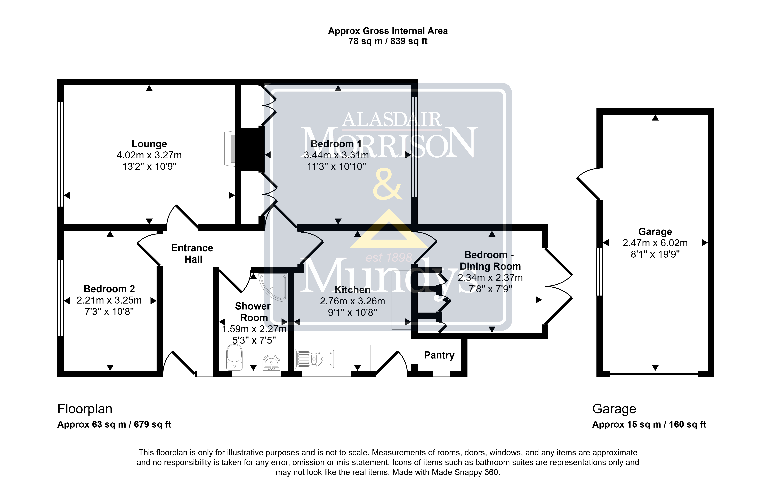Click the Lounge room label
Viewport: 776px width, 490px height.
click(x=149, y=144)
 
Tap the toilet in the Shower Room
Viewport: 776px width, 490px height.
click(x=234, y=357)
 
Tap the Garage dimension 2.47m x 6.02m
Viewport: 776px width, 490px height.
click(x=655, y=243)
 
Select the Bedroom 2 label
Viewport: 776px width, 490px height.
click(x=109, y=289)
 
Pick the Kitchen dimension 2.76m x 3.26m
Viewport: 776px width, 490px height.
click(x=352, y=301)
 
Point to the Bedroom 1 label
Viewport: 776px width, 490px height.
click(x=336, y=144)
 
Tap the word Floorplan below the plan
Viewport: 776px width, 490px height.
click(x=85, y=409)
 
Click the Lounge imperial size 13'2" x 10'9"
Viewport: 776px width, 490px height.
click(x=149, y=166)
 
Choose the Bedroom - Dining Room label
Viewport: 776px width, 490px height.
click(x=490, y=261)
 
